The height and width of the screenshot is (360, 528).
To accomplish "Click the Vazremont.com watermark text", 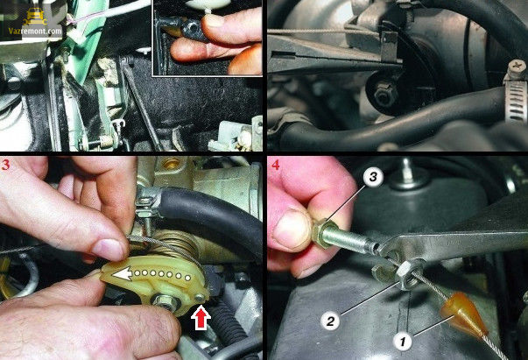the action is point(35,31).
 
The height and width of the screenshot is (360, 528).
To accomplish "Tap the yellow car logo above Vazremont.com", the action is point(35,17).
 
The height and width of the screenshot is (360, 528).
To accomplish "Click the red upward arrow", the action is point(201,318).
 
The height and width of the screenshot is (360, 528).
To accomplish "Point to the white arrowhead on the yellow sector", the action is point(122,274).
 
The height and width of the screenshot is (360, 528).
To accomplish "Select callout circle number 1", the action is point(403,342).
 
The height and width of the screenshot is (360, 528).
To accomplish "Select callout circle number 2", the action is point(330,321).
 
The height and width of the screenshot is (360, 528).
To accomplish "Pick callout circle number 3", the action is point(373,177).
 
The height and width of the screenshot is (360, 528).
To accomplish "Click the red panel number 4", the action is point(276,165).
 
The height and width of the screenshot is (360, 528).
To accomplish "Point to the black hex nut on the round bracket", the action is point(384,94).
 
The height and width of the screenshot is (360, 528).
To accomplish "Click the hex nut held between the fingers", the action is point(323,233).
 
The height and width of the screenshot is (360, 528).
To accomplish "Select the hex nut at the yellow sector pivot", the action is point(167,301).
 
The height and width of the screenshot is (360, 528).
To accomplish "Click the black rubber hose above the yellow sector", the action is point(208,215).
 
